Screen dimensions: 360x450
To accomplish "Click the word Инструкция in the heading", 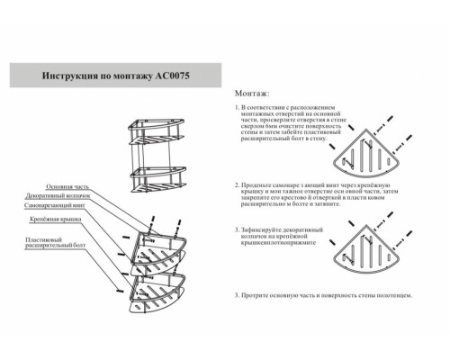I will [x=70, y=78].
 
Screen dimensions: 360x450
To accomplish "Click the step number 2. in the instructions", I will [x=237, y=182].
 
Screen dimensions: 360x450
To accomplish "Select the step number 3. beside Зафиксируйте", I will [x=237, y=229].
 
